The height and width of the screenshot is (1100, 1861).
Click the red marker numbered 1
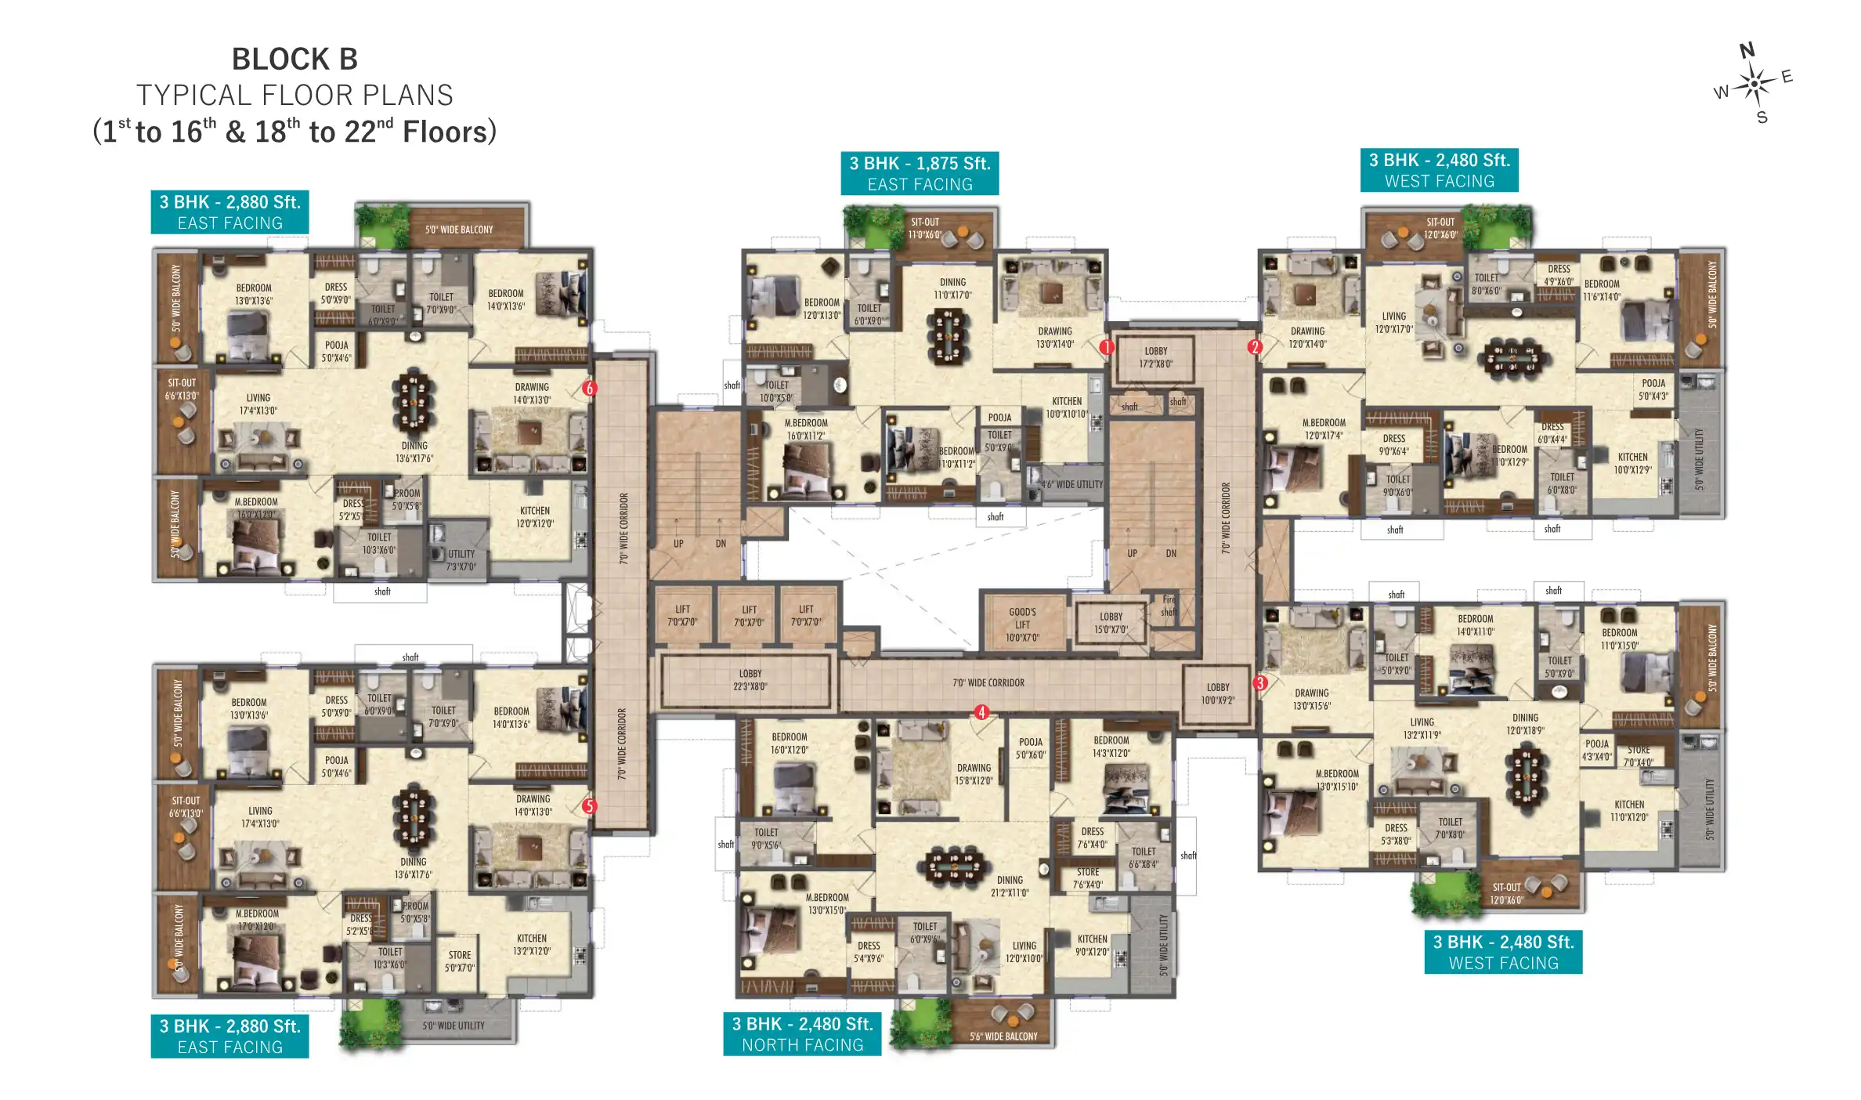[x=1106, y=347]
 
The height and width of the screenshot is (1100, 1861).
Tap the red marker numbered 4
[x=981, y=712]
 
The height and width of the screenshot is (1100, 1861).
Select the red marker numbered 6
[x=590, y=388]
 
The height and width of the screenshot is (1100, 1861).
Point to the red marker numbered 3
[x=1259, y=682]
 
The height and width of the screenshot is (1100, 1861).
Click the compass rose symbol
[x=1754, y=83]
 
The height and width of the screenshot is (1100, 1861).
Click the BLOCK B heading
[x=295, y=60]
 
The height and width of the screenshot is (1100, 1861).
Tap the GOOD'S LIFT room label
[x=1022, y=624]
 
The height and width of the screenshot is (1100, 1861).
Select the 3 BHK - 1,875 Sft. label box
[x=920, y=173]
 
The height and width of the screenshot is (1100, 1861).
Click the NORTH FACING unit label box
[x=802, y=1034]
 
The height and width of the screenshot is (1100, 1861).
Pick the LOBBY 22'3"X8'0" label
[x=750, y=679]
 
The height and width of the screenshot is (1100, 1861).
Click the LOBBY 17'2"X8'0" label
[x=1155, y=357]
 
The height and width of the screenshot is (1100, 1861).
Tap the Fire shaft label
[x=1168, y=606]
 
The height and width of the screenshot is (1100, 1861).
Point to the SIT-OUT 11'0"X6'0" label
[x=924, y=228]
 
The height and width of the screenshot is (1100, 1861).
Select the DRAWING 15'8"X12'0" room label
[x=974, y=774]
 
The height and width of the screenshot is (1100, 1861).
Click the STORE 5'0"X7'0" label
[x=460, y=961]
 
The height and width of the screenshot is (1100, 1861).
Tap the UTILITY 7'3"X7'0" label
[x=461, y=560]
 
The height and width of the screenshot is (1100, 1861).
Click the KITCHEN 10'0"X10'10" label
[x=1067, y=407]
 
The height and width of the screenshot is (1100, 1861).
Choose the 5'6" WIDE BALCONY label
[x=1003, y=1036]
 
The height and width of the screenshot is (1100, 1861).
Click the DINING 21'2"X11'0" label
[x=1010, y=886]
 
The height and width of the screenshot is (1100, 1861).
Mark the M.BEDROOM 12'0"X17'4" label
[x=1324, y=429]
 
